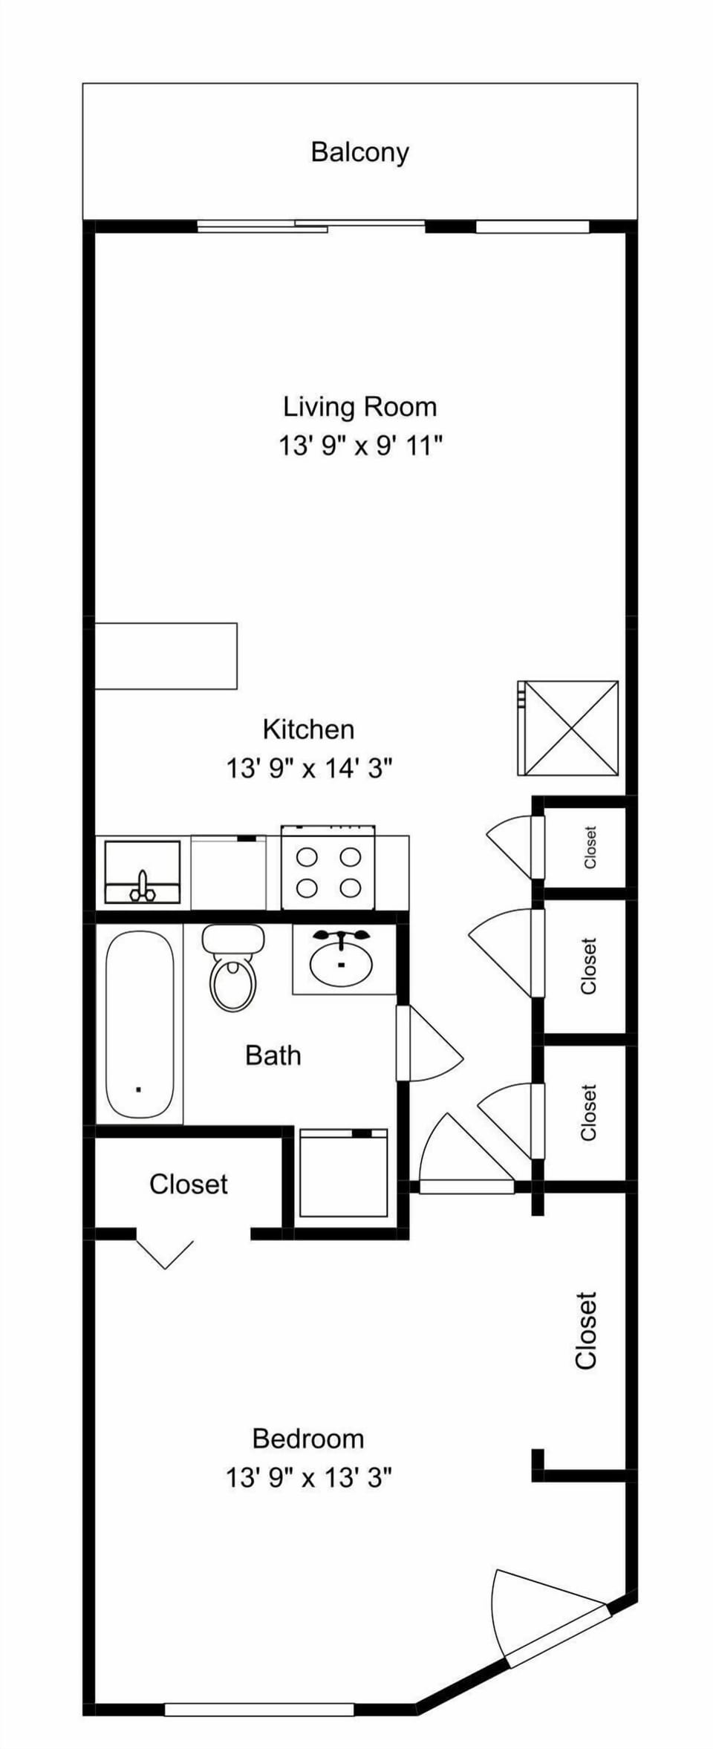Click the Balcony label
[x=359, y=152]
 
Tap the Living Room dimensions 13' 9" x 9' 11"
[x=360, y=446]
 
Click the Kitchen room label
[x=308, y=729]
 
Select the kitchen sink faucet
[x=143, y=886]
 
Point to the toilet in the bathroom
[x=233, y=968]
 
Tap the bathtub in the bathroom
[x=139, y=1025]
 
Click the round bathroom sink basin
[x=341, y=963]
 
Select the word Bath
[x=273, y=1055]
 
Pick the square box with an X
[x=569, y=729]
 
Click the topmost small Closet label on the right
[x=590, y=847]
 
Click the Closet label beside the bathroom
[x=188, y=1184]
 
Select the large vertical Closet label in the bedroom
[x=586, y=1330]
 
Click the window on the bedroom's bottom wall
[x=258, y=1710]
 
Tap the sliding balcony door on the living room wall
[x=310, y=226]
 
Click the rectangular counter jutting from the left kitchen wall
[x=166, y=656]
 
